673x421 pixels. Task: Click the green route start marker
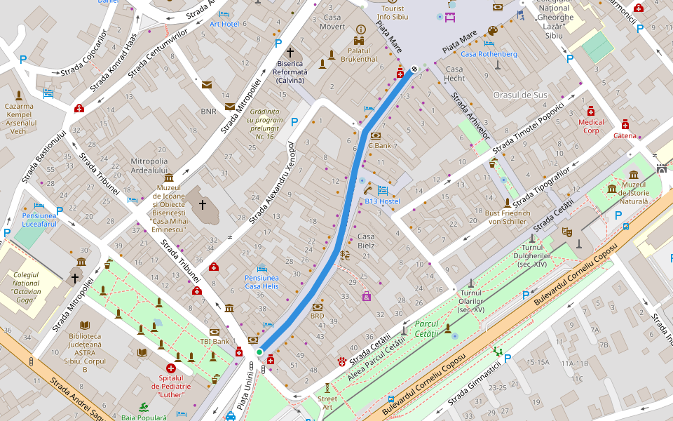tap(259, 352)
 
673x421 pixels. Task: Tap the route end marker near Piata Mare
tap(414, 69)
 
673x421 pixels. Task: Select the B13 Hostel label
tap(382, 201)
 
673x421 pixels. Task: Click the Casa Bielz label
tap(366, 241)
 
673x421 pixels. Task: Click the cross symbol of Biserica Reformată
tap(290, 53)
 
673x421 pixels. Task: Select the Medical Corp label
tap(590, 126)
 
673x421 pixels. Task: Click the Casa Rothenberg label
tap(489, 54)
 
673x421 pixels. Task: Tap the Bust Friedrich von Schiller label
tap(507, 217)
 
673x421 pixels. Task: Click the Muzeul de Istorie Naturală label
tap(634, 192)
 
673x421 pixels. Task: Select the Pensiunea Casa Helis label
tap(261, 281)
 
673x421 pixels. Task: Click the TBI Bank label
tap(215, 341)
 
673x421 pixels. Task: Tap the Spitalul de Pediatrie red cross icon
tap(170, 368)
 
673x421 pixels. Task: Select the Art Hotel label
tap(224, 24)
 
